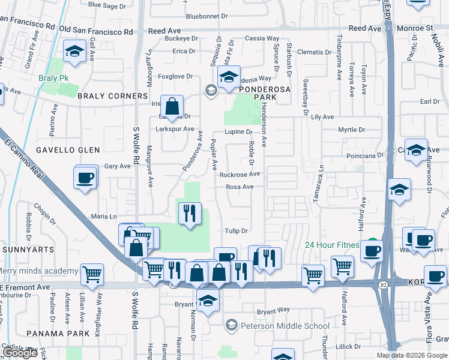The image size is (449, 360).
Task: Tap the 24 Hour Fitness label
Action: click(x=332, y=245)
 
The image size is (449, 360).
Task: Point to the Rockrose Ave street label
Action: click(x=239, y=175)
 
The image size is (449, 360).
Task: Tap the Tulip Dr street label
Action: click(x=236, y=231)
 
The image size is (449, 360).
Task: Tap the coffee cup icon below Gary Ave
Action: click(x=84, y=178)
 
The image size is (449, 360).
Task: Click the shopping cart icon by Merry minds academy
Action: click(x=92, y=275)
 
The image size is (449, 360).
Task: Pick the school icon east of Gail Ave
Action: click(x=75, y=52)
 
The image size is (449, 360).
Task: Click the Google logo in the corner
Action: click(x=20, y=353)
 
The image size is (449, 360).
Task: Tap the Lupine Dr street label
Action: click(x=238, y=131)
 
